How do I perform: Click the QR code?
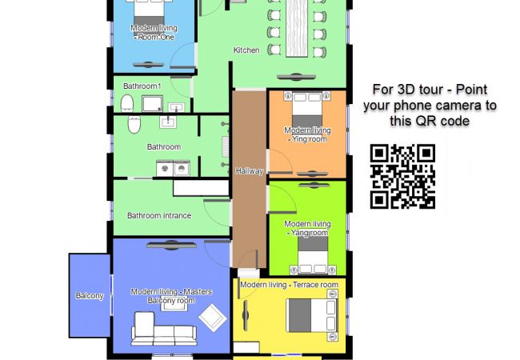402,177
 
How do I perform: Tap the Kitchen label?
246,50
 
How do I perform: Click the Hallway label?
249,171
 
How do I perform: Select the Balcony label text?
90,297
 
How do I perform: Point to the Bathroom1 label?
142,86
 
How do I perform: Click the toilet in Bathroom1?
126,102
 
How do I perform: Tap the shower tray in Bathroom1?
151,103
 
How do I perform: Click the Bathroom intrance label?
159,215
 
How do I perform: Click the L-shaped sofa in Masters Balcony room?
163,328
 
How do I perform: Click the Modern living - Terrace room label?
289,285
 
